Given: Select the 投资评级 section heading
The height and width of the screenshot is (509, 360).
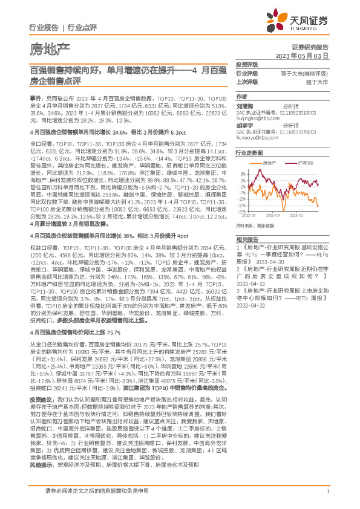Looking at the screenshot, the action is [x=247, y=64].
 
